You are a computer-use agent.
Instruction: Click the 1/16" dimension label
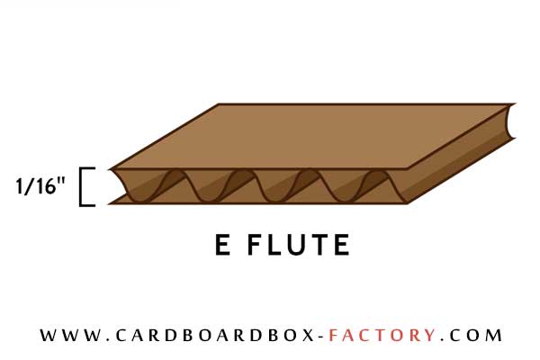pyautogui.click(x=40, y=186)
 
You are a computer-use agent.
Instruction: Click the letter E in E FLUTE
pyautogui.click(x=222, y=245)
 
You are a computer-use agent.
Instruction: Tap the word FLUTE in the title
pyautogui.click(x=299, y=245)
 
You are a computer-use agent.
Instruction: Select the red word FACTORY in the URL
pyautogui.click(x=382, y=335)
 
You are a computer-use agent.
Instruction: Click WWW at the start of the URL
pyautogui.click(x=71, y=335)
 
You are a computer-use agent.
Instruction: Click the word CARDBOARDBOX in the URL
pyautogui.click(x=214, y=335)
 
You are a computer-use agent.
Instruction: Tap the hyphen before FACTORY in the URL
pyautogui.click(x=320, y=336)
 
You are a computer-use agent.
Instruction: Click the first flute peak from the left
pyautogui.click(x=176, y=172)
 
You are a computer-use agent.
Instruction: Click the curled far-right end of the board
pyautogui.click(x=509, y=121)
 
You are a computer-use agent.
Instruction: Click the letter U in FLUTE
pyautogui.click(x=296, y=245)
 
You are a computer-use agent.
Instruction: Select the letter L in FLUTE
pyautogui.click(x=274, y=245)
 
